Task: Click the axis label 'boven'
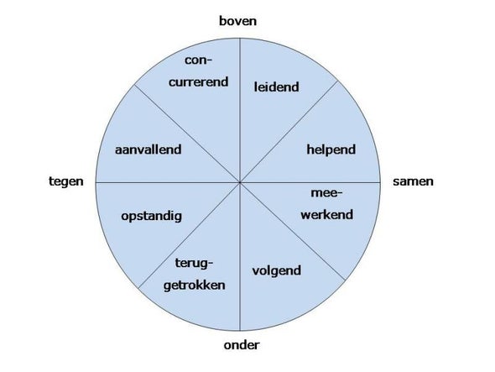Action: coord(237,21)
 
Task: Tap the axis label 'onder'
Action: coord(242,345)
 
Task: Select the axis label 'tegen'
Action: coord(66,182)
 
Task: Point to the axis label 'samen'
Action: coord(413,181)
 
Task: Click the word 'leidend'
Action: coord(277,87)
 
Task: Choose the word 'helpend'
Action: coord(331,149)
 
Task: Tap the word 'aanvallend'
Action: coord(148,149)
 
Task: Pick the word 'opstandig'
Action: coord(152,217)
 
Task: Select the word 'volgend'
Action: coord(277,271)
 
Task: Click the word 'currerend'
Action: coord(198,82)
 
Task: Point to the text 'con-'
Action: coord(199,60)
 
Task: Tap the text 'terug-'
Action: coord(194,264)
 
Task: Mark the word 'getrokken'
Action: coord(194,286)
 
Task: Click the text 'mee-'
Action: coord(326,193)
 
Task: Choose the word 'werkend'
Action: coord(326,215)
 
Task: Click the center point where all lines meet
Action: coord(240,183)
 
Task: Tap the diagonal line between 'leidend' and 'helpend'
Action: coord(289,132)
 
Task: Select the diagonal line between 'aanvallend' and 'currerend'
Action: coord(187,134)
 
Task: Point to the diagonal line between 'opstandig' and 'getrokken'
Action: coord(189,235)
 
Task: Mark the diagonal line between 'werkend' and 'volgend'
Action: coord(293,232)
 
